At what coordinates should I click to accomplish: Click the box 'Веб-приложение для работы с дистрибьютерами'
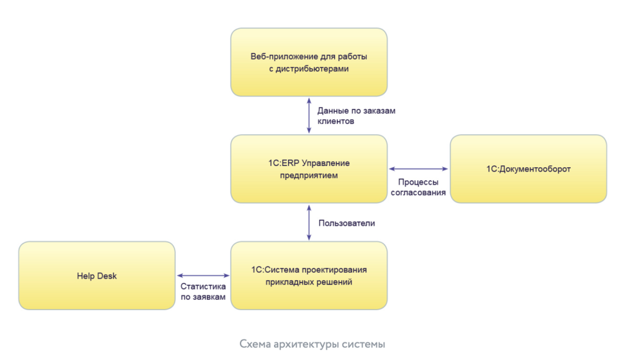tap(309, 62)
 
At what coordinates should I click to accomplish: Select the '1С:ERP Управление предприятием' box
tap(309, 168)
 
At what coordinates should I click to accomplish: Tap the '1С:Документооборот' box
tap(529, 169)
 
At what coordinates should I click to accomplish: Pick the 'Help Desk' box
tap(97, 276)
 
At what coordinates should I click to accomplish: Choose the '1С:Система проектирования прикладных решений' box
tap(309, 276)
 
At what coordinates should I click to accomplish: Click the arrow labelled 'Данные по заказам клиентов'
tap(309, 115)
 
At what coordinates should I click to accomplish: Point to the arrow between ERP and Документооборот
tap(419, 169)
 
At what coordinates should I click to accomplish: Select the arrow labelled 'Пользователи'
tap(309, 222)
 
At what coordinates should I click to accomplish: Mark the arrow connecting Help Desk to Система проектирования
tap(203, 276)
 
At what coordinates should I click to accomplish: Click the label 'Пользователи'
tap(347, 223)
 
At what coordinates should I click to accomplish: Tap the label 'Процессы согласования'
tap(419, 187)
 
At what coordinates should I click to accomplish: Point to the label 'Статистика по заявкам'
tap(203, 292)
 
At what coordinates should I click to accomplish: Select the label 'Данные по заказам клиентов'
tap(356, 116)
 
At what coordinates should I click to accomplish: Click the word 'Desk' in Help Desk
tap(106, 276)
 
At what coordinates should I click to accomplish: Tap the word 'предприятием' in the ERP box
tap(309, 176)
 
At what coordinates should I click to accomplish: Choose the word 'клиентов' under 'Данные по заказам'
tap(336, 121)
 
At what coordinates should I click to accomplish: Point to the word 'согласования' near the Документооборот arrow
tap(419, 192)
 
